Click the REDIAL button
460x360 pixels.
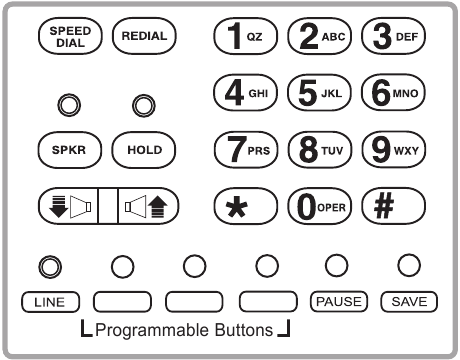tap(143, 36)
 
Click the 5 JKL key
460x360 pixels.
tap(318, 93)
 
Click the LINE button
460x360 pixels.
tap(48, 299)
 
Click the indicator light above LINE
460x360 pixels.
tap(48, 265)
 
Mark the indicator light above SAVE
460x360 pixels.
tap(408, 265)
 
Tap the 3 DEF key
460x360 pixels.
tap(393, 36)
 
